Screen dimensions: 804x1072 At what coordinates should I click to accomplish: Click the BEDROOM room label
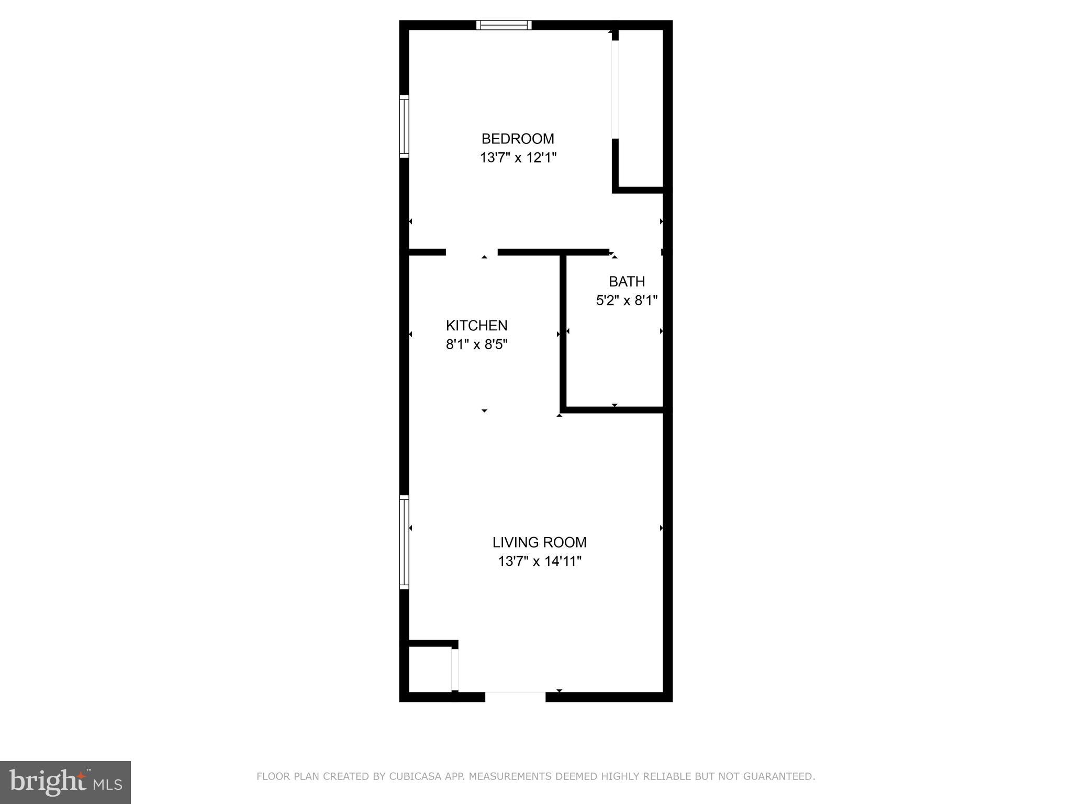517,139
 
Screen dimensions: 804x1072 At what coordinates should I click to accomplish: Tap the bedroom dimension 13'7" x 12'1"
517,158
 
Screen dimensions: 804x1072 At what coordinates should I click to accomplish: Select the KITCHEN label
476,326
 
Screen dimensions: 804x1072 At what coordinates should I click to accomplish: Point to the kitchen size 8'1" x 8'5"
476,344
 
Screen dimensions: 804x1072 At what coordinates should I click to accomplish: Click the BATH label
627,282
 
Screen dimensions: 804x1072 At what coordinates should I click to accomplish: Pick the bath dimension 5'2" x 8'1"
627,300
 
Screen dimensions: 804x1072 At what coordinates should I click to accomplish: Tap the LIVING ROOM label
539,542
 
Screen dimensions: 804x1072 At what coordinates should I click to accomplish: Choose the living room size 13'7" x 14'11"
539,562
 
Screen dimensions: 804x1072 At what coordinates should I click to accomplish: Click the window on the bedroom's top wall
504,25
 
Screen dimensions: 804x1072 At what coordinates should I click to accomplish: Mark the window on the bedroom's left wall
404,126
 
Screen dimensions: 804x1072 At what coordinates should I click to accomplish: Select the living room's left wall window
404,542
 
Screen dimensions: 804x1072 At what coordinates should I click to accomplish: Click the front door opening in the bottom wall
515,696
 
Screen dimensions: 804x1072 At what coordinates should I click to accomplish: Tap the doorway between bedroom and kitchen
471,252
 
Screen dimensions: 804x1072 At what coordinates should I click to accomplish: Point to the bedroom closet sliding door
615,89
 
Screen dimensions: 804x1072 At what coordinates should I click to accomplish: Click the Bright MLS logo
65,783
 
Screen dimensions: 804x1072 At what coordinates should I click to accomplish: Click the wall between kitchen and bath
563,332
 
